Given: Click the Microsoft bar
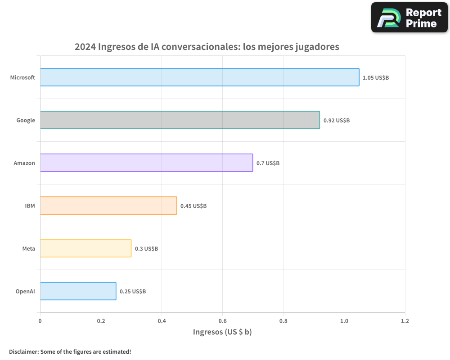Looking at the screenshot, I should (x=199, y=77).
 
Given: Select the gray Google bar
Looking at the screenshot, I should (x=180, y=120).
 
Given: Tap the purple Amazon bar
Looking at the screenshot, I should (x=146, y=163).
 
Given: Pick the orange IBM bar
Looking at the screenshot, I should (x=108, y=206).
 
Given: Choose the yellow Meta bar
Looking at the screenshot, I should (x=85, y=248).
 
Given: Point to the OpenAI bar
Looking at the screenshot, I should (x=78, y=291).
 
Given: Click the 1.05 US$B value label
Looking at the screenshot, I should (x=376, y=78).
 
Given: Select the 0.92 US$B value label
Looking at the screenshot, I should (x=337, y=121).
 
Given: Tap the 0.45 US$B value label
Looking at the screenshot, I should (x=193, y=206).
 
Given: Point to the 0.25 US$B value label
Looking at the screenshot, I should (x=133, y=292).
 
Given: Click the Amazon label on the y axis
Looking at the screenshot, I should (x=24, y=163).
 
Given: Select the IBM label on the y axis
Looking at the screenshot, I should (x=30, y=206).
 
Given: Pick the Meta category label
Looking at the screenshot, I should (x=28, y=249).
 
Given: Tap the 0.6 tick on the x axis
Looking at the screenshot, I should (x=222, y=321).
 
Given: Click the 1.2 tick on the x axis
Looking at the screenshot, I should (x=405, y=321).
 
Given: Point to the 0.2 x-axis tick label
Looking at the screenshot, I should (x=101, y=321).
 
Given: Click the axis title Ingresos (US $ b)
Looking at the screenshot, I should (x=222, y=332).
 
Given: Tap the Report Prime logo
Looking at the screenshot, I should (x=409, y=18).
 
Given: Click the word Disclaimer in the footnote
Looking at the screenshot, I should (x=23, y=351).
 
